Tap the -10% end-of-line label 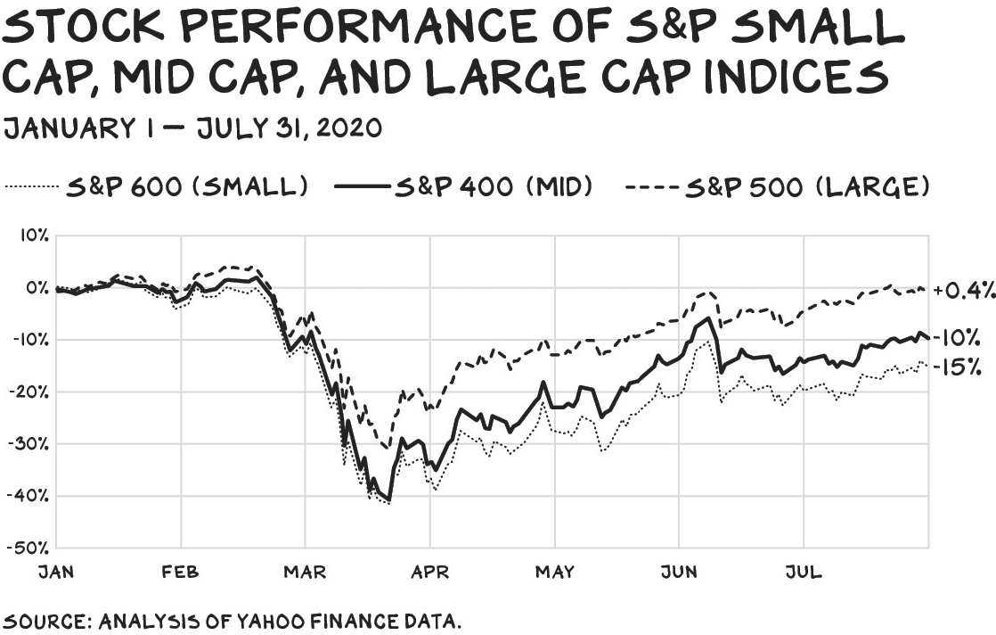[x=957, y=338]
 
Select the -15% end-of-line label [x=957, y=367]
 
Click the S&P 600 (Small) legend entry [x=156, y=186]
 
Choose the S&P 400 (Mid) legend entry [x=463, y=186]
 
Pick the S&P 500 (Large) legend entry [x=778, y=186]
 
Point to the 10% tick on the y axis [x=34, y=235]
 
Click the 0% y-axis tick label [x=37, y=288]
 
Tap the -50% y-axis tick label [x=28, y=548]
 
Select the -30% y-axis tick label [x=28, y=443]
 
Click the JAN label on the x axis [x=56, y=572]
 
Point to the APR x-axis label [x=430, y=572]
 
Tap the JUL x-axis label [x=804, y=572]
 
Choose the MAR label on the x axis [x=305, y=572]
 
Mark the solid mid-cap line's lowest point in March [x=389, y=501]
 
